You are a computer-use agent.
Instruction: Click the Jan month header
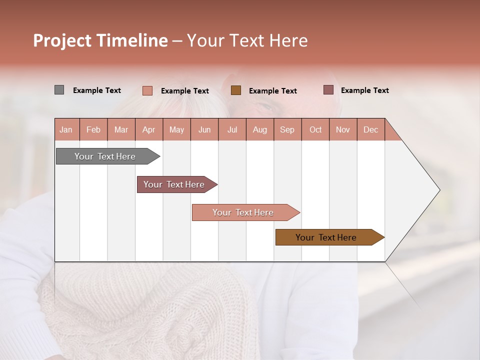coord(66,129)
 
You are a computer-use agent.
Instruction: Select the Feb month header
coord(93,129)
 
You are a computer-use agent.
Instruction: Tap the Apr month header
coord(148,129)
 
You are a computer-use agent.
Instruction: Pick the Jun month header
coord(204,129)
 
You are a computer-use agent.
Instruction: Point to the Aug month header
coord(259,129)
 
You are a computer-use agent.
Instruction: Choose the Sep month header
coord(287,129)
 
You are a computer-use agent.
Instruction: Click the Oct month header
coord(315,129)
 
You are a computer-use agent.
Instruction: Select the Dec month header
coord(370,129)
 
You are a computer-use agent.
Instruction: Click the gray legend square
coord(59,90)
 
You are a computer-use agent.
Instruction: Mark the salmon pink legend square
coord(147,90)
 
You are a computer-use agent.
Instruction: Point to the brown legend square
coord(236,90)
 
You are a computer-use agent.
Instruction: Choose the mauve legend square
coord(328,90)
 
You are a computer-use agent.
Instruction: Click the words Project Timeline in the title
coord(100,40)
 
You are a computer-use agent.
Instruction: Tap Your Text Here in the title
coord(247,40)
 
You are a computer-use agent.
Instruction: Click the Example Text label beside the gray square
coord(97,90)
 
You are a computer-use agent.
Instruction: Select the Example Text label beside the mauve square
coord(364,90)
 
